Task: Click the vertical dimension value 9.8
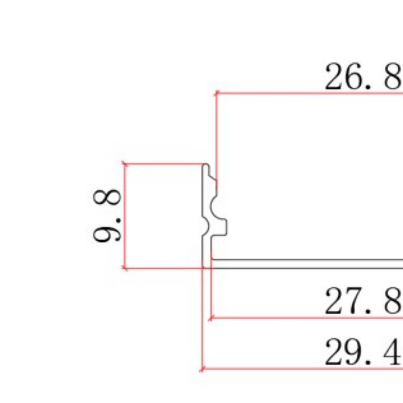[107, 215]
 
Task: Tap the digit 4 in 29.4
[391, 352]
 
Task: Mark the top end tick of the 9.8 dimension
[125, 164]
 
